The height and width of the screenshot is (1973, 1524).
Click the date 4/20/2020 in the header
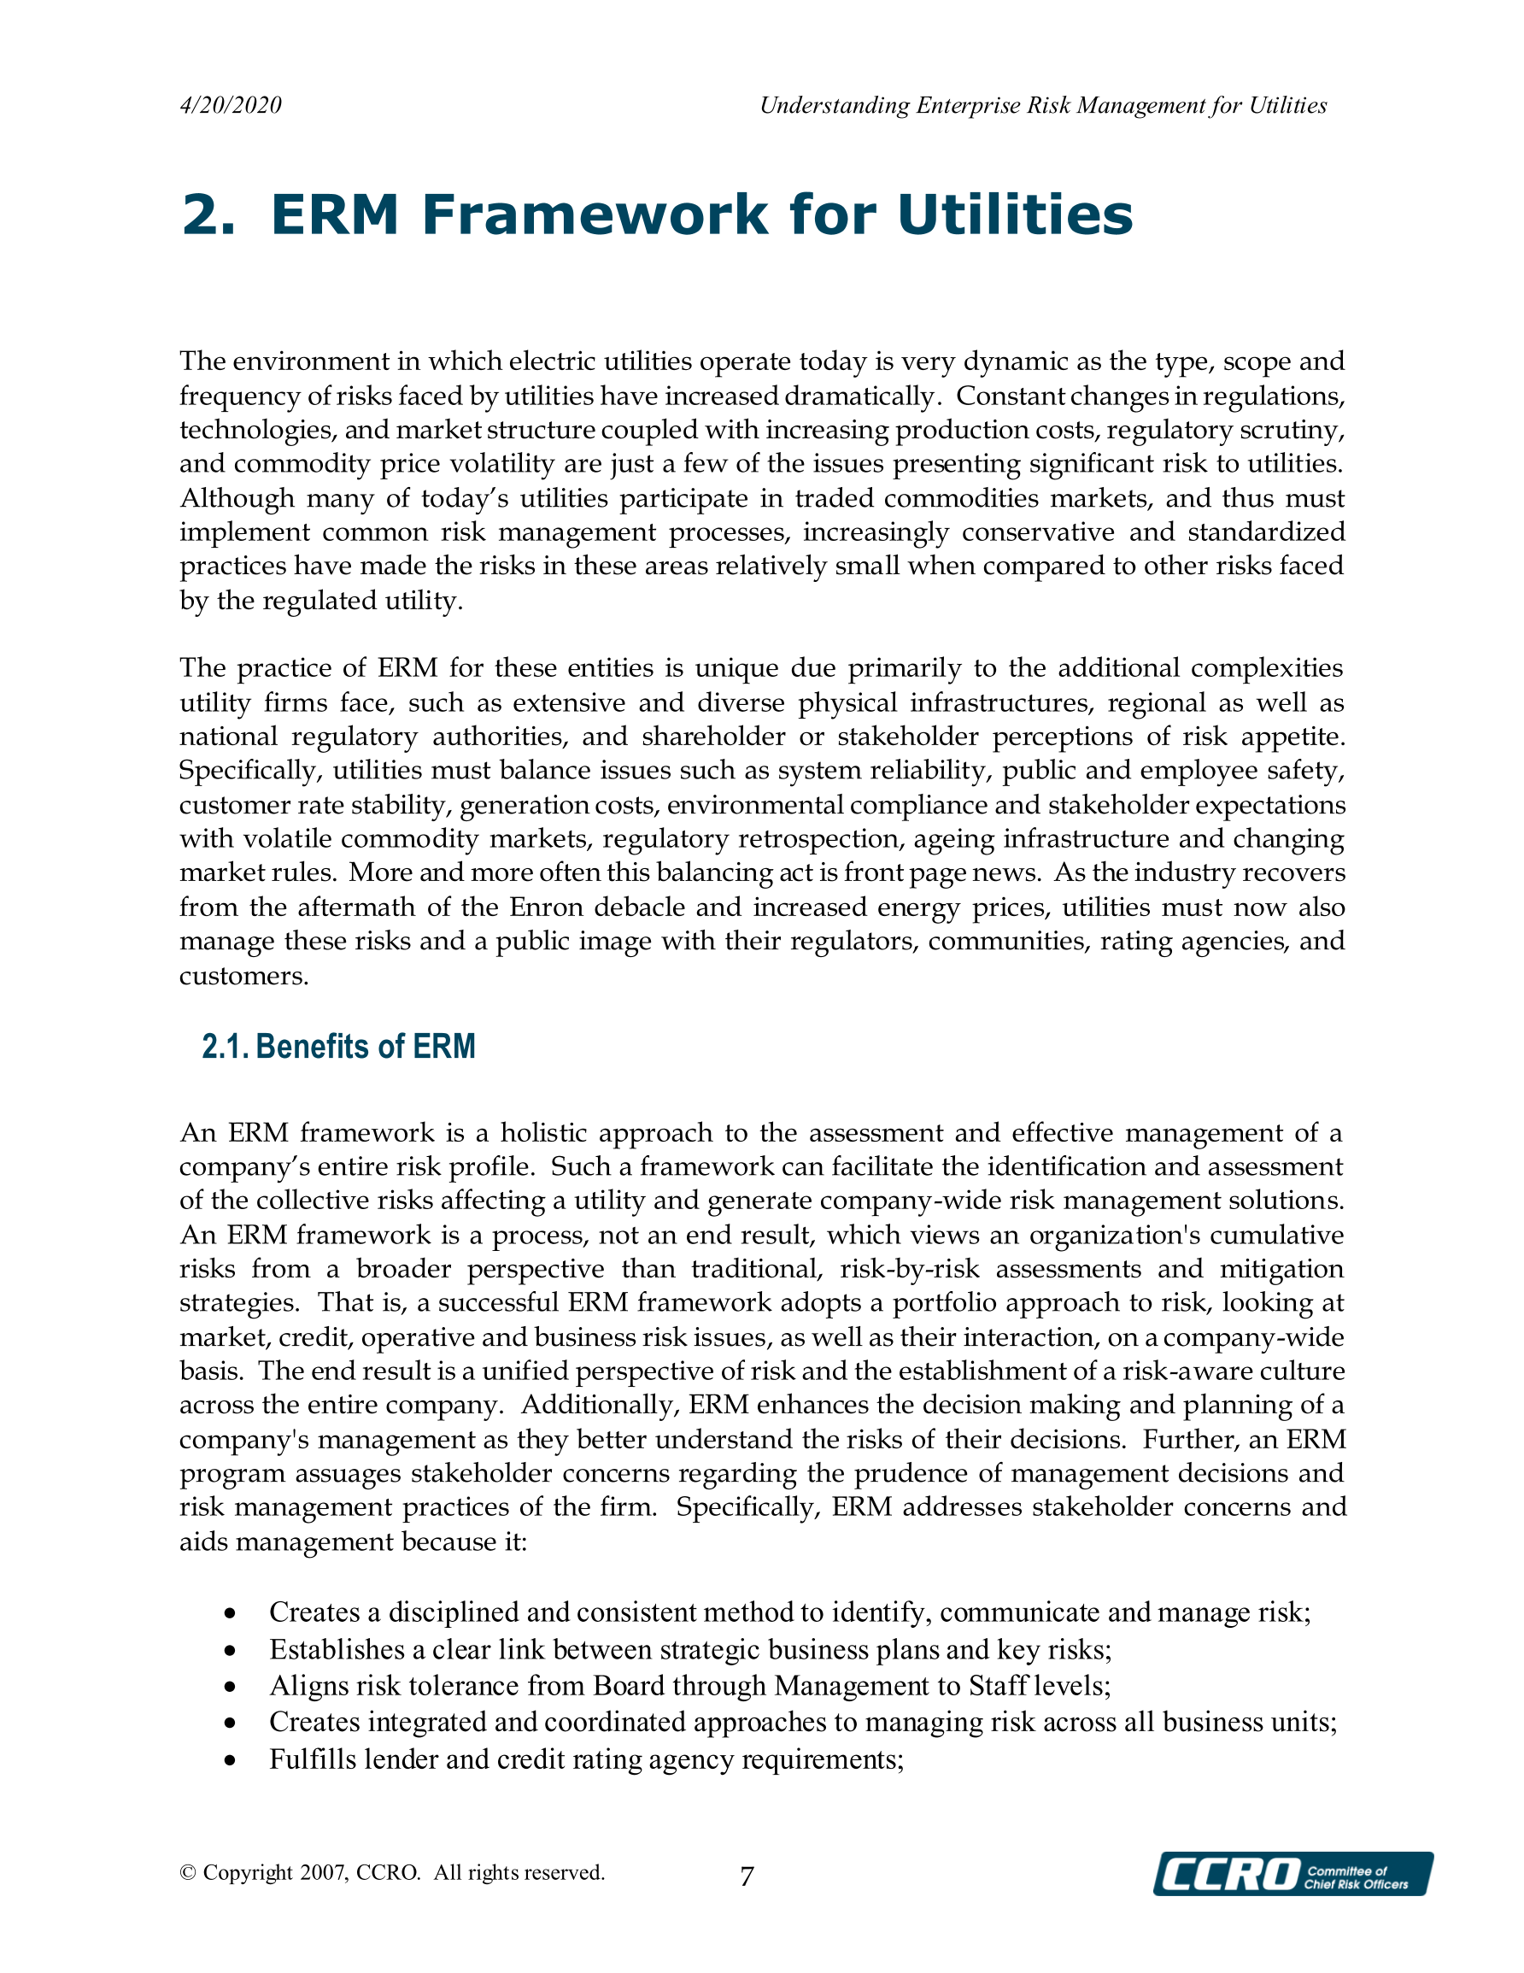231,106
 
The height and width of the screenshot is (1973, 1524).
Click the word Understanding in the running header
834,106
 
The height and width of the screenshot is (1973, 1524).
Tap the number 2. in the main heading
208,215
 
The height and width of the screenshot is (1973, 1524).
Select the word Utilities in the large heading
1015,215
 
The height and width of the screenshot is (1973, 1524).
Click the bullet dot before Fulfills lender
232,1759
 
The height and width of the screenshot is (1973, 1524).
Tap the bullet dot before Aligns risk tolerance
232,1687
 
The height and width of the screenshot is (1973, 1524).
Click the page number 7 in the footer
746,1877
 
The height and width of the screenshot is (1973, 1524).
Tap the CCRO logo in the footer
1292,1874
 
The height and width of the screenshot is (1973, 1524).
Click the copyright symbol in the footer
188,1873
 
